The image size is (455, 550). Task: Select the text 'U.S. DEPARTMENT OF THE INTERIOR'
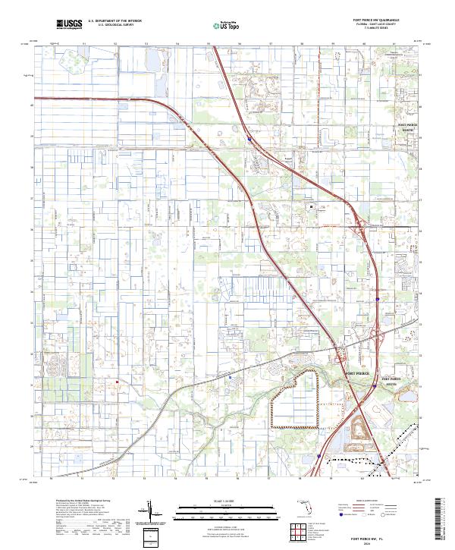point(115,21)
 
